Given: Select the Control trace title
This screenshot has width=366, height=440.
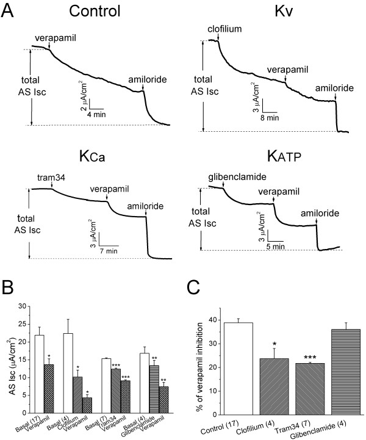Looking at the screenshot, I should (x=102, y=12).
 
